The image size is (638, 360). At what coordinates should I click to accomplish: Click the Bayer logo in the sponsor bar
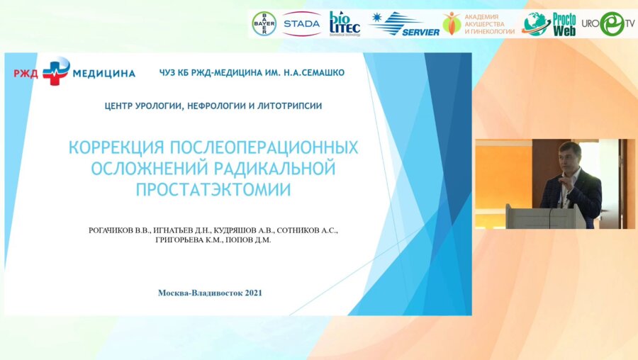pos(264,23)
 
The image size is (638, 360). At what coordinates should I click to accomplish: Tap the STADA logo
pos(301,23)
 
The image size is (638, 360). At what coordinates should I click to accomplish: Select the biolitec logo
pos(345,23)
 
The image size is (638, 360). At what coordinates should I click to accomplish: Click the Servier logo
pos(405,24)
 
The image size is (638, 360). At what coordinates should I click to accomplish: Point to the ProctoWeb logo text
pos(564,24)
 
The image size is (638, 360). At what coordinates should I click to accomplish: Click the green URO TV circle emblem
pos(612,23)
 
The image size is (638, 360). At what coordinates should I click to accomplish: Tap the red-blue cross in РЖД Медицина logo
pos(56,71)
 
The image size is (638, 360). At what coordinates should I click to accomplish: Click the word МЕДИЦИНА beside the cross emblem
pos(104,74)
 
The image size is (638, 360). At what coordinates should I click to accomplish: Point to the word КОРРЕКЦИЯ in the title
pos(116,147)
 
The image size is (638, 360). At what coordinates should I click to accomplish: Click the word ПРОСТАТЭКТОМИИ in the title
pos(213,190)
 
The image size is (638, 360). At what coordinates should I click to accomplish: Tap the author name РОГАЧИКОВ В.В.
pos(119,230)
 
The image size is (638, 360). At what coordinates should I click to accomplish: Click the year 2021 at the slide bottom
pos(254,293)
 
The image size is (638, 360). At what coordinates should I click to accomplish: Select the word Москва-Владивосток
pos(200,293)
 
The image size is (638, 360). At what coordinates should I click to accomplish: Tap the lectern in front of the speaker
pos(545,216)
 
